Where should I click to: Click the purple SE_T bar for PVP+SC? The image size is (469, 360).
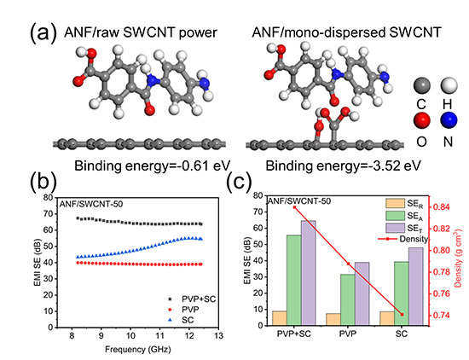point(309,273)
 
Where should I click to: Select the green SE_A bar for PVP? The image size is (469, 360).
point(348,299)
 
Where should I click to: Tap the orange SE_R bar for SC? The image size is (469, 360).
point(387,318)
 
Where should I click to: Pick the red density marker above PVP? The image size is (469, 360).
point(348,264)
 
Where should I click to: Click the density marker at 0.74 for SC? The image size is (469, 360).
point(402,315)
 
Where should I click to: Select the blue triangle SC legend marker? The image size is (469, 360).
point(171,320)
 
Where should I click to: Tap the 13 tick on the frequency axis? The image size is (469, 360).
point(219,336)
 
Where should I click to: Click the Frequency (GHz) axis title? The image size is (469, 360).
point(138,349)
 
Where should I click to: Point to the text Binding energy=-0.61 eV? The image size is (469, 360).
point(153,165)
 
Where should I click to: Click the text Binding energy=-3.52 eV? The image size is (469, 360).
point(344,165)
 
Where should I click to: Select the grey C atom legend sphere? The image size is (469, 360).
point(422,85)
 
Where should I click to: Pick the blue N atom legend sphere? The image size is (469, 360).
point(449,120)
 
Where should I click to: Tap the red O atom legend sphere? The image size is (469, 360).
point(422,120)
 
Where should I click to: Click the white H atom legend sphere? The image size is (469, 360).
point(449,85)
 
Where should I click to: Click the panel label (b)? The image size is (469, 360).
point(43,182)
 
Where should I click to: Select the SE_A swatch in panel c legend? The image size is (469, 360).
point(395,216)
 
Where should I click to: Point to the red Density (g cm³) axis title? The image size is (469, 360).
point(458,258)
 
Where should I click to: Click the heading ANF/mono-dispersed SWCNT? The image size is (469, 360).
point(347,32)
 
